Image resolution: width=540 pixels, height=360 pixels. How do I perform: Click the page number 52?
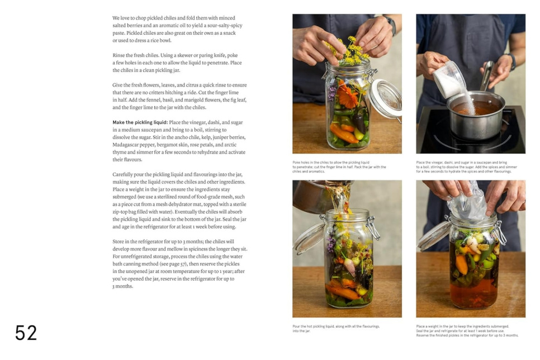point(26,333)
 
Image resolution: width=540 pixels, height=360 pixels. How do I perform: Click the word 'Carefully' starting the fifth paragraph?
point(124,174)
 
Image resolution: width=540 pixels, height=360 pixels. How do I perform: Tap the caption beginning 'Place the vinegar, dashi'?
point(465,167)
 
